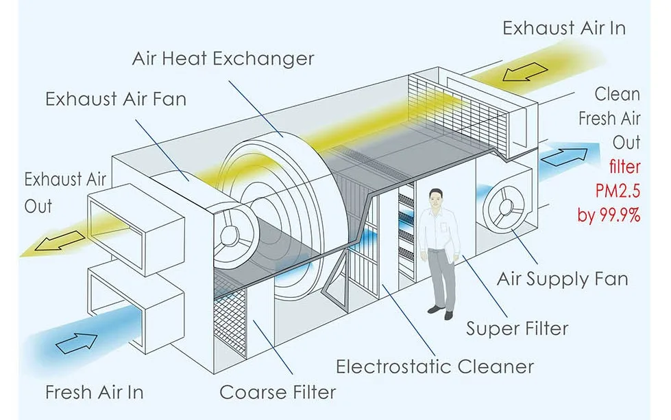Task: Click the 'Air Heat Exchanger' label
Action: coord(223,58)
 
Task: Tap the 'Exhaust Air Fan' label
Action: coord(115,99)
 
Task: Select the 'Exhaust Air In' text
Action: coord(563,29)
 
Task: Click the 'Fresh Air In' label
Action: coord(95,393)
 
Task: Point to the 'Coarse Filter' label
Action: coord(278,393)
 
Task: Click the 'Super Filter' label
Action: coord(517,329)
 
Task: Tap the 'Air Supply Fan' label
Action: coord(562,279)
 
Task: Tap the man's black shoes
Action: coord(441,312)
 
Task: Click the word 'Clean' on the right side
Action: coord(617,94)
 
